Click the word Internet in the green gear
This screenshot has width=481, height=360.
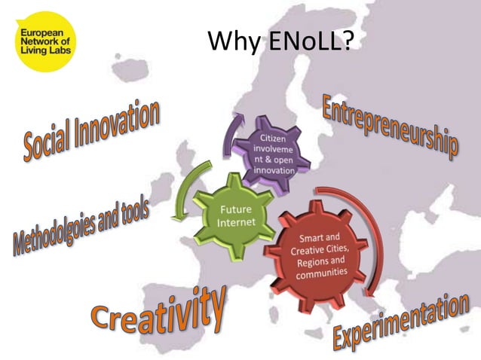point(230,222)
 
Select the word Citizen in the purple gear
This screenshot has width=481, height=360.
point(273,138)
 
